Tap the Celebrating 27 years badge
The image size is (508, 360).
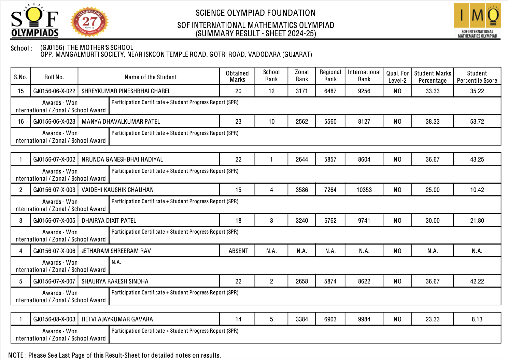[89, 22]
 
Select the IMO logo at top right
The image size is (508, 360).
[477, 20]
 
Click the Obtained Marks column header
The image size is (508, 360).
[237, 76]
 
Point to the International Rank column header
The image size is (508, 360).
[364, 75]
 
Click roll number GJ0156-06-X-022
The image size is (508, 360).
[54, 91]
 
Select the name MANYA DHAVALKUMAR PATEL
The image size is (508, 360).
[121, 122]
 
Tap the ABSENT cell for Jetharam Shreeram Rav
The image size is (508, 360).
[238, 251]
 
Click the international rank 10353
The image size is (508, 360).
[364, 190]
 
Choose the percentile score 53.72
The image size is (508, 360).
[477, 122]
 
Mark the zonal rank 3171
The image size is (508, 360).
[302, 91]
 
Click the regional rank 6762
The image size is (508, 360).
[330, 221]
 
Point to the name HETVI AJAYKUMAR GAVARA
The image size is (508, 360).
[117, 319]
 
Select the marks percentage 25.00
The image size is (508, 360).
[433, 190]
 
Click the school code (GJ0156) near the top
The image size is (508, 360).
[52, 47]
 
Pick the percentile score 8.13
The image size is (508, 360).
[477, 319]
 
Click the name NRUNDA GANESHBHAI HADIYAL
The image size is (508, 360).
[122, 160]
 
